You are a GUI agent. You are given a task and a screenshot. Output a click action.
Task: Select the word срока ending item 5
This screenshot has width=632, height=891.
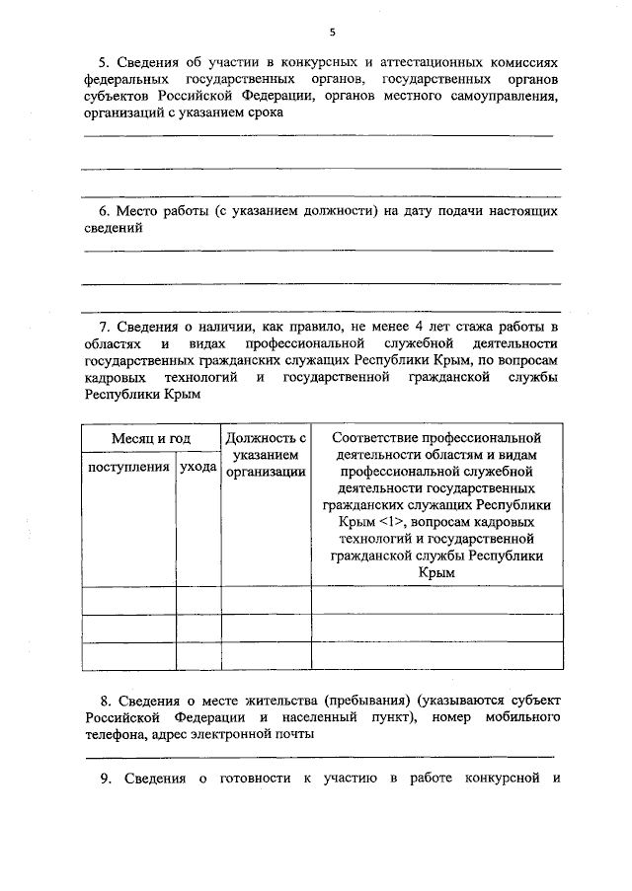pos(266,112)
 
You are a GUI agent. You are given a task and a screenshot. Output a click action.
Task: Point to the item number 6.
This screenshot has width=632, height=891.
pos(105,211)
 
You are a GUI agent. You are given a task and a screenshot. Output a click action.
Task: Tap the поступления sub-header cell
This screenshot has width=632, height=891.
pos(128,467)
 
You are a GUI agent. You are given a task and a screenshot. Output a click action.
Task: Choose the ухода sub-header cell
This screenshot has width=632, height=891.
pos(198,467)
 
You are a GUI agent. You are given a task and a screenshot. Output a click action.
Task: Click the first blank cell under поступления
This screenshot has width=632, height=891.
pos(128,600)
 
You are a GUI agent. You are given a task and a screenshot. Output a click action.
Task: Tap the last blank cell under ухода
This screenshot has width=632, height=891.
pos(198,656)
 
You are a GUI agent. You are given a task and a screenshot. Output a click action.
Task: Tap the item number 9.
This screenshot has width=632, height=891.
pos(105,780)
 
